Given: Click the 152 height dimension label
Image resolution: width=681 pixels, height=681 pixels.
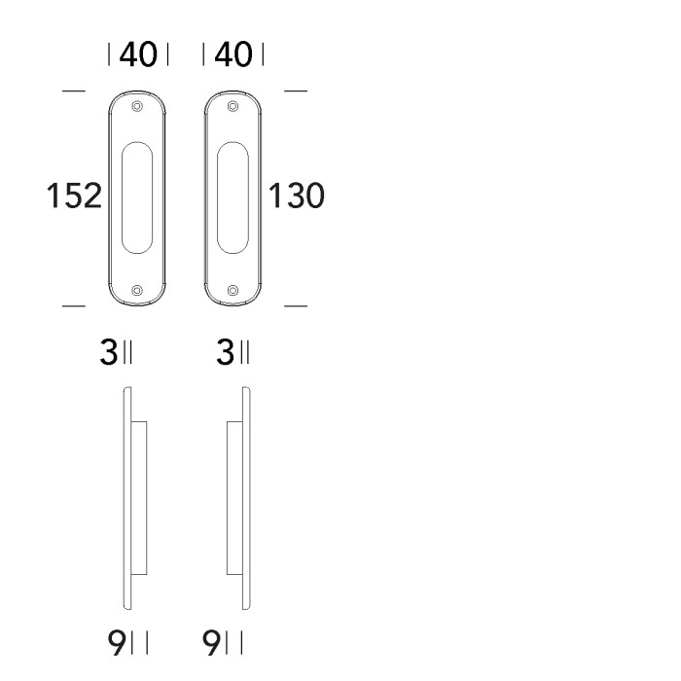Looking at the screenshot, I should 74,197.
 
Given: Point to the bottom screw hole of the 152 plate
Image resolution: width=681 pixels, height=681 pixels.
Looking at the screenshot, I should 137,290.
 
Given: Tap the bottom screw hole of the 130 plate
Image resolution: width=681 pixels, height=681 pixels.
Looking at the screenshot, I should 232,290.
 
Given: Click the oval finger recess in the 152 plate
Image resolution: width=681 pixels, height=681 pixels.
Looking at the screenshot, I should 137,197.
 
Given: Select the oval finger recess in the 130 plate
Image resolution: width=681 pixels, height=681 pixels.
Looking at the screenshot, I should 232,197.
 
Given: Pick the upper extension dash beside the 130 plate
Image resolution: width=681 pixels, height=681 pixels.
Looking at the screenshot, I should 296,92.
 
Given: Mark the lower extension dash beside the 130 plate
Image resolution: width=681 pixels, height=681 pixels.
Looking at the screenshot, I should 296,306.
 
